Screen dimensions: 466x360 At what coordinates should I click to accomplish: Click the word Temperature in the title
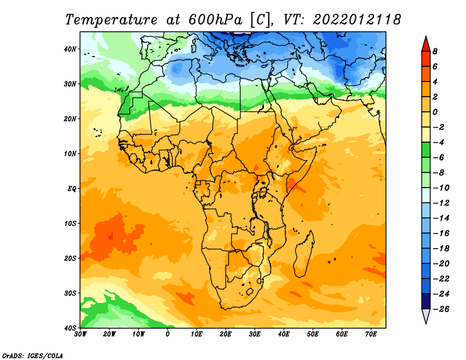tap(111, 20)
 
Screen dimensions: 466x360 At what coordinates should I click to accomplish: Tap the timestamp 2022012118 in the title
tap(356, 20)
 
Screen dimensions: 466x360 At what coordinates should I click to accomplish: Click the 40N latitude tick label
tap(70, 49)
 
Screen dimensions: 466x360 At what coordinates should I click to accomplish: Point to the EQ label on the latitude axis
tap(72, 189)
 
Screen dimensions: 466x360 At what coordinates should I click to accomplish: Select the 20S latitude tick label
tap(70, 258)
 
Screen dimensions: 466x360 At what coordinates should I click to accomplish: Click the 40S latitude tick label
tap(70, 328)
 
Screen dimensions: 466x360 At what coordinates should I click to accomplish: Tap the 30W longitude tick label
tap(80, 334)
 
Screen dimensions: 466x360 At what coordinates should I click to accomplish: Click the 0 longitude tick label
tap(168, 334)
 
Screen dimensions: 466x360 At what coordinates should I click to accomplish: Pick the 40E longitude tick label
tap(284, 334)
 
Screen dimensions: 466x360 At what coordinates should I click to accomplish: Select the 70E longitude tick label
tap(371, 334)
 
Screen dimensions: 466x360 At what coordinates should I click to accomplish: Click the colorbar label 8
tap(435, 51)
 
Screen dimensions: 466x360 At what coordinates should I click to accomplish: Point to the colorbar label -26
tap(441, 309)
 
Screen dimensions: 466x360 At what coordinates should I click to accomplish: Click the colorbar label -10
tap(441, 188)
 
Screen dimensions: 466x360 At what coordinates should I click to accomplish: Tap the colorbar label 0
tap(435, 112)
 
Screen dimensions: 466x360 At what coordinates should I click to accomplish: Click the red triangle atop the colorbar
tap(426, 44)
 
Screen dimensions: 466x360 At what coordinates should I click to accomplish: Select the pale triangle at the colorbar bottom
tap(426, 316)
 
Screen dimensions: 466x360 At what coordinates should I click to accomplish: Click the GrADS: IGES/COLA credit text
tap(33, 355)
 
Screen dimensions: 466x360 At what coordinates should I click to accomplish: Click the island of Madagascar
tap(303, 254)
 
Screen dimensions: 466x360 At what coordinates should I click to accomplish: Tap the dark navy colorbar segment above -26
tap(426, 301)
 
